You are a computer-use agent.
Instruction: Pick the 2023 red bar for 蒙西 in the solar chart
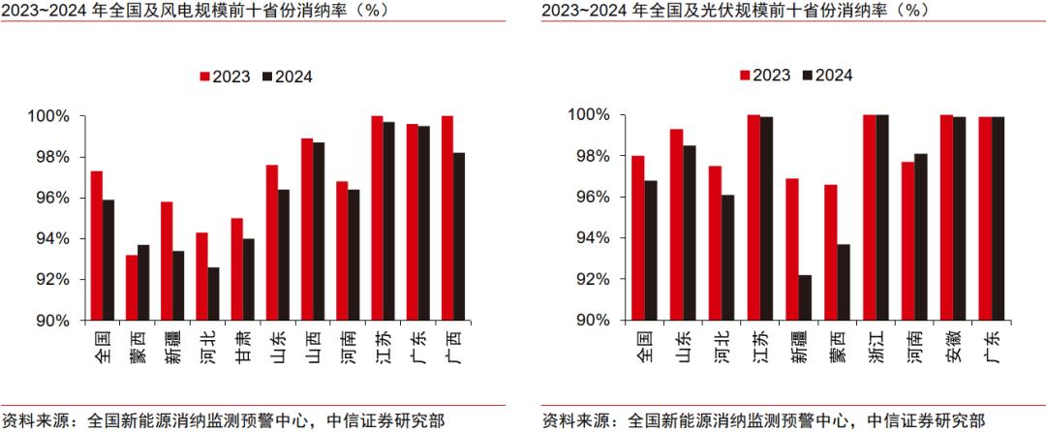pos(829,252)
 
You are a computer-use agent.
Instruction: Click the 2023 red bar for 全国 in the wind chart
pos(97,246)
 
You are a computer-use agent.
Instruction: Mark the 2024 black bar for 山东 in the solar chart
pos(689,232)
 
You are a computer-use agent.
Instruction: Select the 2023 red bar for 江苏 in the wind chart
pos(377,219)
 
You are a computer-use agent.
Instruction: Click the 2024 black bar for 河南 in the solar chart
pos(920,236)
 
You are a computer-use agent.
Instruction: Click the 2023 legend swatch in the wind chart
pos(205,77)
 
